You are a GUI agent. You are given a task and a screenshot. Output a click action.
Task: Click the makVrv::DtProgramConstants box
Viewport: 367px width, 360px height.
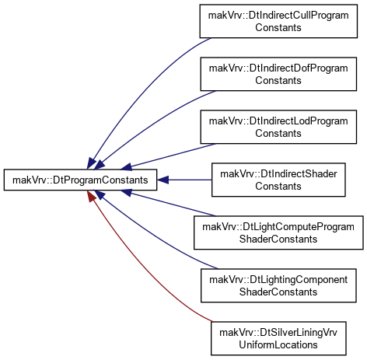(x=80, y=180)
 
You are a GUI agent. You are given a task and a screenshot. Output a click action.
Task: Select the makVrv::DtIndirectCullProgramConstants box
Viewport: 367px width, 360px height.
(x=278, y=21)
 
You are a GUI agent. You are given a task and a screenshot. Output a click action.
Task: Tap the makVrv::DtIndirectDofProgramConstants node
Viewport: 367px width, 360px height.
(x=278, y=74)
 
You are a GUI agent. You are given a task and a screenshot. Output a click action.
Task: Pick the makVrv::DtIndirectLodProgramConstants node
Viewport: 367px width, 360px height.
(x=278, y=127)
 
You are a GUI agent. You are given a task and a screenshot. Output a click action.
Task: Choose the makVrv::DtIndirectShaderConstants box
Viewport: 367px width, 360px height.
(x=278, y=180)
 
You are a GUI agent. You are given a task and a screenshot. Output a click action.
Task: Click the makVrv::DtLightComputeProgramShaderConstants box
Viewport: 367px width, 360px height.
(x=278, y=232)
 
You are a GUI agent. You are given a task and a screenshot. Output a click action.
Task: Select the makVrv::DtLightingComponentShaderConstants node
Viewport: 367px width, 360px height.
(x=278, y=285)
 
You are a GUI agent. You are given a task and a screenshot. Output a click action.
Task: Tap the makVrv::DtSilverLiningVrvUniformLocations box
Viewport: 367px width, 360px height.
(x=278, y=338)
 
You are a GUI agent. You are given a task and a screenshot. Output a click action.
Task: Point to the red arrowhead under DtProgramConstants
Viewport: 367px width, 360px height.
(x=91, y=196)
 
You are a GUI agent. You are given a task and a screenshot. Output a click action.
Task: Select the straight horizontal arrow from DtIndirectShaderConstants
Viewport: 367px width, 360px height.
(x=184, y=180)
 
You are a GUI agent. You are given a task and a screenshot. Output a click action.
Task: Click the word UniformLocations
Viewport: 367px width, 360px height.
(x=278, y=344)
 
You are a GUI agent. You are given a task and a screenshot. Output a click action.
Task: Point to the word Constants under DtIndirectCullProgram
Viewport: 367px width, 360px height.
(x=278, y=27)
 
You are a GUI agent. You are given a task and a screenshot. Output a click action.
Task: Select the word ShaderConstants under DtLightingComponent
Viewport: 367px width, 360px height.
(x=278, y=292)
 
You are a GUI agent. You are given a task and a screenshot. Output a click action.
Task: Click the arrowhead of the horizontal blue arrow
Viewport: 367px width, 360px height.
(x=163, y=180)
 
